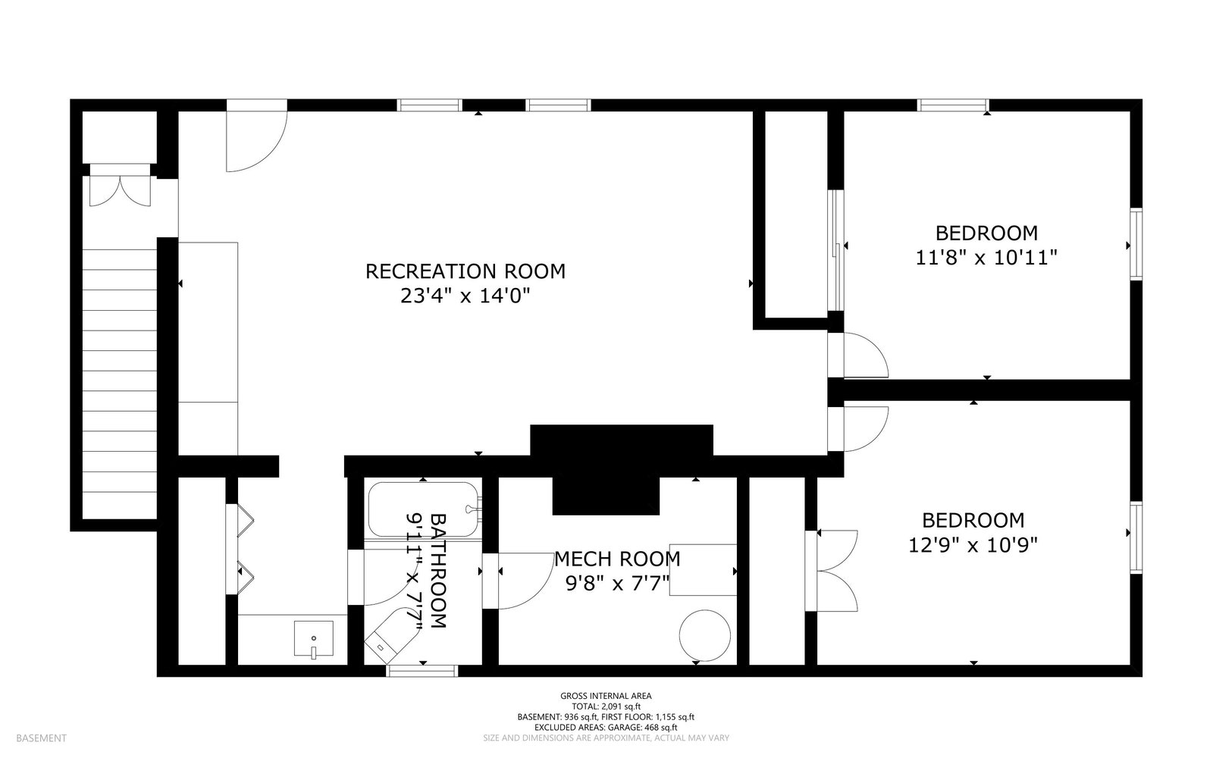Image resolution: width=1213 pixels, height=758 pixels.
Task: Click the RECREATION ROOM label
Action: click(465, 271)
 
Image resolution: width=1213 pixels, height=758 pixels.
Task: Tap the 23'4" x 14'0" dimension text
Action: click(465, 296)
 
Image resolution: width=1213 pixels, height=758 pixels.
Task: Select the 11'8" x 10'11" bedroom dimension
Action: click(986, 257)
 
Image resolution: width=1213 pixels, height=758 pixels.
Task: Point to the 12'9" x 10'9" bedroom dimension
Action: click(973, 545)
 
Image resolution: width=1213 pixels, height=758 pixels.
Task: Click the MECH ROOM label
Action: click(617, 559)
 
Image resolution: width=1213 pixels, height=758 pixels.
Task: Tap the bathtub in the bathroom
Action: click(424, 509)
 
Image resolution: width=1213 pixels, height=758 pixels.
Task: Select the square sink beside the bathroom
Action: click(314, 639)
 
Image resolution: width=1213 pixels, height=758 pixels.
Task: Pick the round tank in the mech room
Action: click(704, 635)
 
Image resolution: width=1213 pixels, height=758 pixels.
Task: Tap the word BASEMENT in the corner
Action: click(41, 738)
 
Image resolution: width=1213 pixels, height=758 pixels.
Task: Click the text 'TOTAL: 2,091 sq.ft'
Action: click(606, 706)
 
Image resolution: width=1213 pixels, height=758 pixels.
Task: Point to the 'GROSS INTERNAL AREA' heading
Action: click(606, 696)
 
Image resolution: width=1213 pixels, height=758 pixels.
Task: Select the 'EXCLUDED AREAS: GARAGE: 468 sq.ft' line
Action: click(606, 727)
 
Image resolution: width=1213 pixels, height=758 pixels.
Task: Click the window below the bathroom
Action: click(422, 671)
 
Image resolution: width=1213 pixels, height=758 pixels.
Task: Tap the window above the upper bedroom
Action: click(953, 105)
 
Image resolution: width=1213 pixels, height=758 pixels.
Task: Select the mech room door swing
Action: click(536, 590)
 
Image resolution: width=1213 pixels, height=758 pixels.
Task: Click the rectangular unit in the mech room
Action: click(703, 569)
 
